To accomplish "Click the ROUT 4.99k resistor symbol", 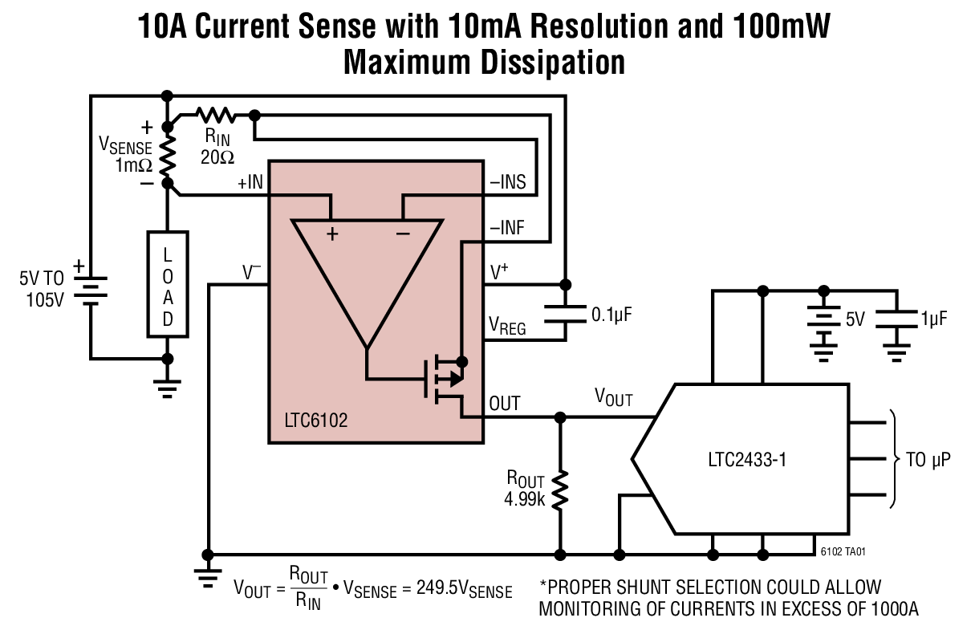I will point(560,490).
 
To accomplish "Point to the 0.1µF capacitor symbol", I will point(565,312).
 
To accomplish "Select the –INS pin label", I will point(508,182).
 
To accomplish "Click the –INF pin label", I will point(507,228).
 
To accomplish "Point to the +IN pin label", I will point(250,183).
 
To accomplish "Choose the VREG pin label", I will point(508,326).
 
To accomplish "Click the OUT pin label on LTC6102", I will point(505,403).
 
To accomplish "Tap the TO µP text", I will point(928,461).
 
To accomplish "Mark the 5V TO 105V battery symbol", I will point(91,288).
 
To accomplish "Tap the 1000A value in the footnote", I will point(888,608).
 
